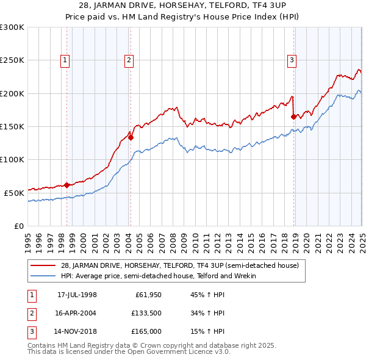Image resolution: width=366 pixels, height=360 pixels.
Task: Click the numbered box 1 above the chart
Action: coord(65,60)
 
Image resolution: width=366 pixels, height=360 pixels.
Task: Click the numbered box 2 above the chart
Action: coord(129,60)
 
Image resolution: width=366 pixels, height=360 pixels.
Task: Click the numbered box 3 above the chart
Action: coord(292,60)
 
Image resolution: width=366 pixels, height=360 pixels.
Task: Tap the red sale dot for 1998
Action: coord(66,185)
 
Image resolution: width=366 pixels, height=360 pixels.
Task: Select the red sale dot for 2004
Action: coord(131,137)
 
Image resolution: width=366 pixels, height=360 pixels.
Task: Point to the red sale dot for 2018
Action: coord(294,117)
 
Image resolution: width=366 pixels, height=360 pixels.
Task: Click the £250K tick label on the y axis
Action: coord(12,60)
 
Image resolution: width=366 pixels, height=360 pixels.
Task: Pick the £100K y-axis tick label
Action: coord(12,159)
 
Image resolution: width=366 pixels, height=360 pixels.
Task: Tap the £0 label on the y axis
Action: coord(18,225)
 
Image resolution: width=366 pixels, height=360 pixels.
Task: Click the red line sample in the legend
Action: coord(43,265)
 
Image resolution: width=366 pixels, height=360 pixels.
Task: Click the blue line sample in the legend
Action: coord(43,276)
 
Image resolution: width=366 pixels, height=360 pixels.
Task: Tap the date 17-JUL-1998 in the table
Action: coord(77,295)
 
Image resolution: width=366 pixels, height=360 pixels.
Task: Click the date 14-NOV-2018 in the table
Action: coord(77,332)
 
